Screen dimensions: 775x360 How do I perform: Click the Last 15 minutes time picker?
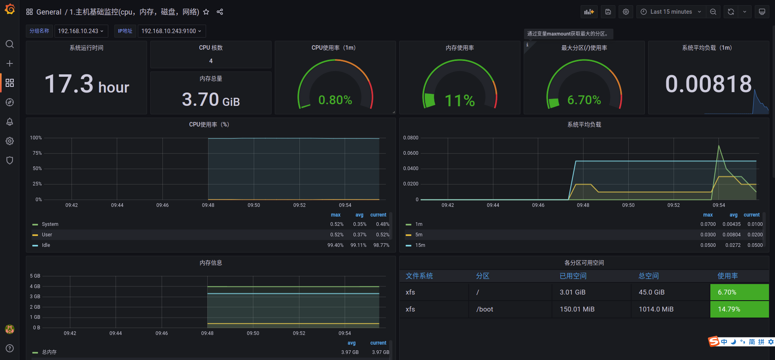tap(671, 12)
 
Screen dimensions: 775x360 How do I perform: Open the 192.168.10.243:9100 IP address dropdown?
tap(171, 31)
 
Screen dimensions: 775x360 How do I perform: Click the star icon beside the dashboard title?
tap(206, 12)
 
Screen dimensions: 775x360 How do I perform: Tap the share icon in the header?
tap(220, 12)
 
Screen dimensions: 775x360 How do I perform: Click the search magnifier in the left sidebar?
tap(10, 44)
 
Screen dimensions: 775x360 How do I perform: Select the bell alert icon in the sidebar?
tap(10, 122)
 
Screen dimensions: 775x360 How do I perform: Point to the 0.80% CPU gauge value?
tap(335, 100)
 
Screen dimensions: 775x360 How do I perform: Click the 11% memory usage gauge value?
tap(460, 101)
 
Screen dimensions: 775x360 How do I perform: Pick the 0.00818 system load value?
tap(708, 84)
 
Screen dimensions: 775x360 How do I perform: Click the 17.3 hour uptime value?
tap(87, 84)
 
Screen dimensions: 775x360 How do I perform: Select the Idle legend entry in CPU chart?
tap(46, 245)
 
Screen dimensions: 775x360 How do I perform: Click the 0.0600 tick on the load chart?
tap(411, 153)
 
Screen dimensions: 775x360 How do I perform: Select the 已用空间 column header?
tap(573, 276)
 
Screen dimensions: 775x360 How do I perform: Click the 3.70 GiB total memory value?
tap(211, 99)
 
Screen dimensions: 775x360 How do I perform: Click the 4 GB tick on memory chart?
tap(35, 286)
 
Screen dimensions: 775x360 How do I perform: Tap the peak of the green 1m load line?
tap(719, 145)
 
